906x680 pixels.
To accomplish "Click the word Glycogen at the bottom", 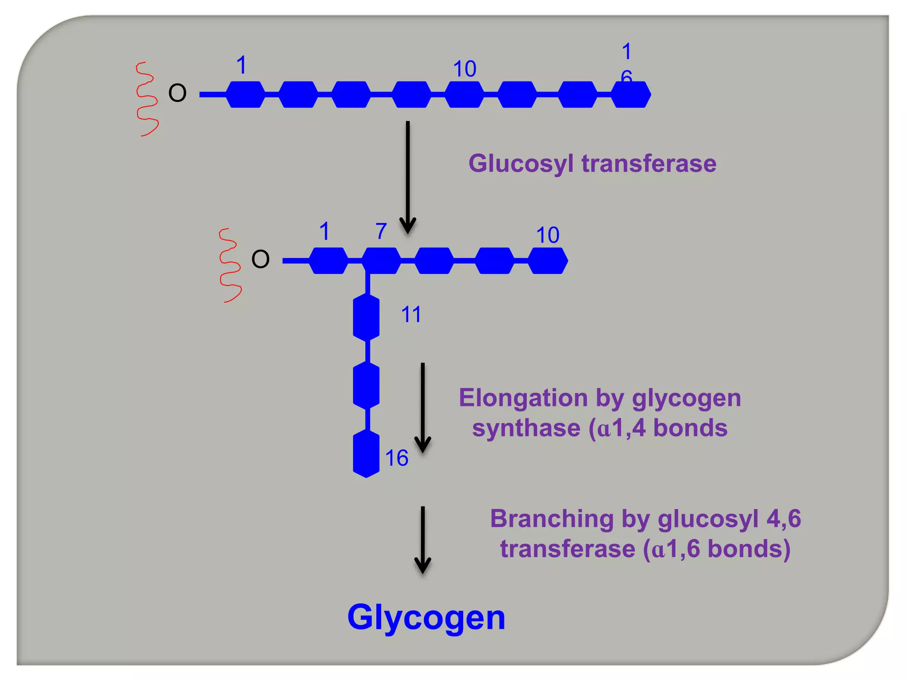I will [426, 618].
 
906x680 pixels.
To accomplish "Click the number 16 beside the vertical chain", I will [396, 458].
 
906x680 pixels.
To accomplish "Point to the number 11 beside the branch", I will [411, 315].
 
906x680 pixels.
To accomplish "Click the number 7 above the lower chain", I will [381, 231].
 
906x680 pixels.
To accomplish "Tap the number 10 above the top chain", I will [465, 69].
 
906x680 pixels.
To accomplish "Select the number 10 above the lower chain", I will [548, 235].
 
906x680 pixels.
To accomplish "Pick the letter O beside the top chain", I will [177, 93].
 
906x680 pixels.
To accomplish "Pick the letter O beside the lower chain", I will [260, 259].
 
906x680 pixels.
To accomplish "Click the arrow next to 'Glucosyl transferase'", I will [407, 177].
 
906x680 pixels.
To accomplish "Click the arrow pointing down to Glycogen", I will [422, 540].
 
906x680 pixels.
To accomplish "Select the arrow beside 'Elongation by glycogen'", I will [422, 407].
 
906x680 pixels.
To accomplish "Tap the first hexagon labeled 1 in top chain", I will [246, 94].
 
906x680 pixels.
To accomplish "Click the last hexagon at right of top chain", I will [631, 94].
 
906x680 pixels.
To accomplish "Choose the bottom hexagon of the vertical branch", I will [366, 454].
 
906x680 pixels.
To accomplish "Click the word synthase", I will [526, 428].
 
